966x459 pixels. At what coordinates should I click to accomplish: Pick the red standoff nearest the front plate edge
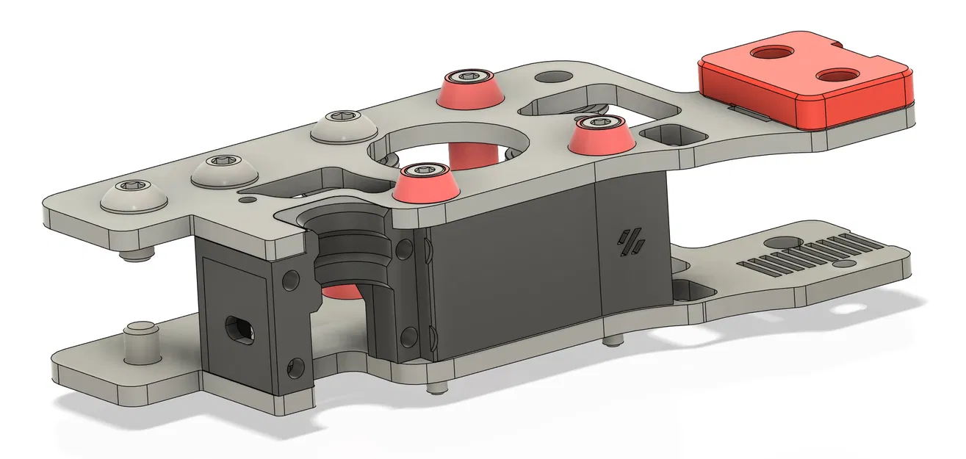tap(425, 181)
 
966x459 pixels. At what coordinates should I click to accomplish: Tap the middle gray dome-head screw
tap(225, 171)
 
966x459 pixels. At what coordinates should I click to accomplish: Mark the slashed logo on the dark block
tap(630, 242)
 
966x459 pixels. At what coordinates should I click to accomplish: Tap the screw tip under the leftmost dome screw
tap(137, 255)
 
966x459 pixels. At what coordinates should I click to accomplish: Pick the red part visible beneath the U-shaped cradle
tap(339, 292)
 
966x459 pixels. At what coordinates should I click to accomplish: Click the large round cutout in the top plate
tap(448, 143)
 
